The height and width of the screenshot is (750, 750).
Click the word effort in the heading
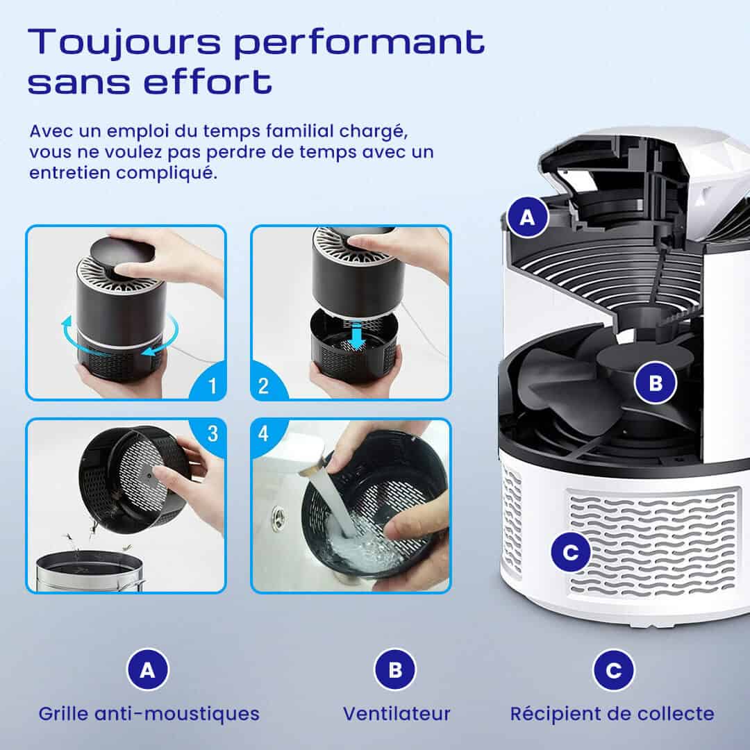[208, 81]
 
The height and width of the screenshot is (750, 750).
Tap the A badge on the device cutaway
[527, 217]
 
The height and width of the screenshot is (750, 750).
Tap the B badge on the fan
[656, 383]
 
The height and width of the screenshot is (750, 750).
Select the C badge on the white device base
[570, 553]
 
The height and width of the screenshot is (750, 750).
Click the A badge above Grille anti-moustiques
[148, 669]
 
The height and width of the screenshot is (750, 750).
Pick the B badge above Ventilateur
[395, 669]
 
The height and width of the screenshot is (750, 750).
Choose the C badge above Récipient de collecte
[614, 669]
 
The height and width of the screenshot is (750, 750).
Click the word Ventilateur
[397, 714]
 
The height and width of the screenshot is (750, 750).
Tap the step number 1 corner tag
[211, 385]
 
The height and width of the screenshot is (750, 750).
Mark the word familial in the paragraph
[299, 131]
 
